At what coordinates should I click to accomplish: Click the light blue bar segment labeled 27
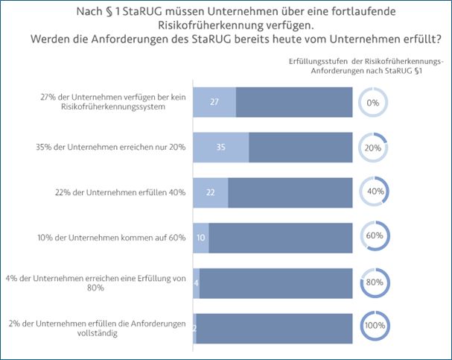pyautogui.click(x=214, y=102)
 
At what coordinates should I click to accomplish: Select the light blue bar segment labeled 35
pyautogui.click(x=220, y=148)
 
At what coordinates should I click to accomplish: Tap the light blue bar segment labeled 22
pyautogui.click(x=211, y=192)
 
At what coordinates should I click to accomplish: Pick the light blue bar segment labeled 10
pyautogui.click(x=201, y=238)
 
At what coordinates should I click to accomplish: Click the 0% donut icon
pyautogui.click(x=374, y=103)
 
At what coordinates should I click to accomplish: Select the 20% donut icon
pyautogui.click(x=374, y=148)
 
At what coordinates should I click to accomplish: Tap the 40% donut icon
pyautogui.click(x=374, y=192)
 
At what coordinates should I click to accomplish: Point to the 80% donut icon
pyautogui.click(x=374, y=282)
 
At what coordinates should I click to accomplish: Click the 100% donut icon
pyautogui.click(x=374, y=327)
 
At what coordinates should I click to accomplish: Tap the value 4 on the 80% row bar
pyautogui.click(x=197, y=283)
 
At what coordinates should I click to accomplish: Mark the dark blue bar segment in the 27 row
pyautogui.click(x=293, y=102)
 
